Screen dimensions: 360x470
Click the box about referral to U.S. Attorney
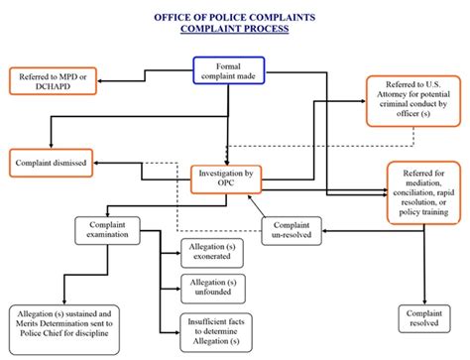[414, 100]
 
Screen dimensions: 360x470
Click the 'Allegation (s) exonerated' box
[211, 252]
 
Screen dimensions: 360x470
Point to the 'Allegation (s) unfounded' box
[211, 288]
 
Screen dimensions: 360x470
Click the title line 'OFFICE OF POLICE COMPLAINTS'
[234, 17]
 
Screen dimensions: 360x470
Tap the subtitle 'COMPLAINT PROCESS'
[234, 30]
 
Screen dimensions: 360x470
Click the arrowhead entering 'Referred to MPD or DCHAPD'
[98, 74]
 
